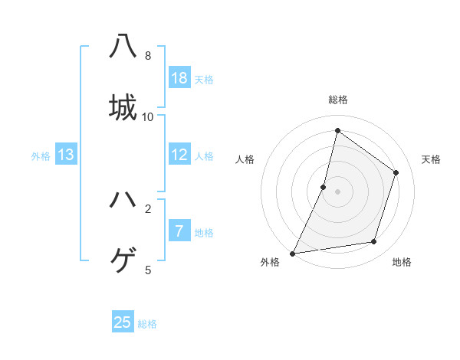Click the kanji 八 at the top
[x=123, y=46]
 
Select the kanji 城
[x=123, y=107]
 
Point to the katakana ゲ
[x=123, y=260]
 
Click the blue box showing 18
[x=179, y=78]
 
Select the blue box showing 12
[x=179, y=155]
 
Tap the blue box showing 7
[x=179, y=231]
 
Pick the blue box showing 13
[x=66, y=155]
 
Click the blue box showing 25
[x=123, y=322]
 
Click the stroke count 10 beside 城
[x=148, y=116]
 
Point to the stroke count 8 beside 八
[x=148, y=56]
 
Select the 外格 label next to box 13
[x=41, y=156]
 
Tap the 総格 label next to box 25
[x=147, y=324]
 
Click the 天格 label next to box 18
[x=204, y=80]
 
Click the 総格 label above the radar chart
[x=337, y=100]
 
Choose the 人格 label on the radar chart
[x=245, y=159]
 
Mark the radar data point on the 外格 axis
[x=292, y=253]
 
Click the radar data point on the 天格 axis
[x=396, y=172]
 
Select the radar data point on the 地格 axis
[x=374, y=242]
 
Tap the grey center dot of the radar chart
[x=337, y=191]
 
